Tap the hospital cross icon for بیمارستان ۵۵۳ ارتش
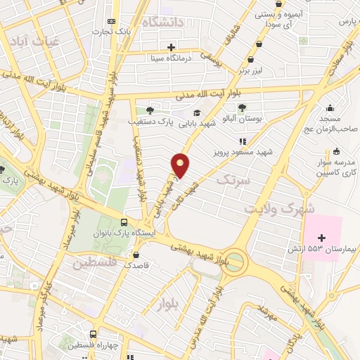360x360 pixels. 322,238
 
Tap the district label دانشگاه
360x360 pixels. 172,23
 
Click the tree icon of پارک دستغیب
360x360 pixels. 149,110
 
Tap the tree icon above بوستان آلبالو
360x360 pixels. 242,108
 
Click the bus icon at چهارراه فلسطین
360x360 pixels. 94,335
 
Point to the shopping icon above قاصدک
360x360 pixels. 136,255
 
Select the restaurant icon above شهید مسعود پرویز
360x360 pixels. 243,141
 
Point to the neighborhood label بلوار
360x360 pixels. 171,304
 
